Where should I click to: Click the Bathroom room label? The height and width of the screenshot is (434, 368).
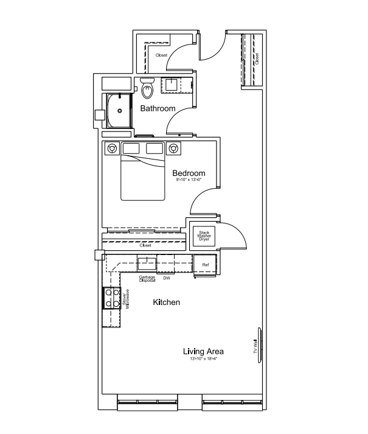pos(158,109)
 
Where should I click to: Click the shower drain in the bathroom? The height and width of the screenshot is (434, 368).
pos(120,111)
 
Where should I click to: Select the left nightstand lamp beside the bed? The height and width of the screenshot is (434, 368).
pos(111,148)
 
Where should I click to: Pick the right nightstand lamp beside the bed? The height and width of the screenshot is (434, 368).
pos(174,148)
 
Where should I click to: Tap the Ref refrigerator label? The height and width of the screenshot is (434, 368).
pos(206,265)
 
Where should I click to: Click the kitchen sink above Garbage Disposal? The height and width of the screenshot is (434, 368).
pos(147,263)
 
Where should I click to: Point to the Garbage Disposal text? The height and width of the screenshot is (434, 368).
pos(147,279)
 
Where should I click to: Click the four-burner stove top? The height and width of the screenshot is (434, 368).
pos(112,298)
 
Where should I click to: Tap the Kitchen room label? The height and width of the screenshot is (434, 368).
pos(165,303)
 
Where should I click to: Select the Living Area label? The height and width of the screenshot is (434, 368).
pos(203,351)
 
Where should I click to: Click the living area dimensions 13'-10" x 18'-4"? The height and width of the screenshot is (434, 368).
pos(203,359)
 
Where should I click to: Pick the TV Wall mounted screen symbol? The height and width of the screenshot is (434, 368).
pos(260,346)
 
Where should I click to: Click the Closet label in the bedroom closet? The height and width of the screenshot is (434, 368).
pos(145,245)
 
